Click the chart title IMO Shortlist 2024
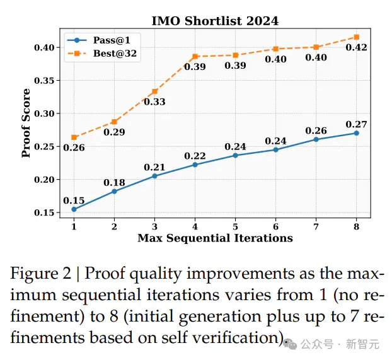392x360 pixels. (x=215, y=21)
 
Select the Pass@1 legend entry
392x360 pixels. (x=102, y=40)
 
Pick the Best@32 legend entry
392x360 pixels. (x=102, y=54)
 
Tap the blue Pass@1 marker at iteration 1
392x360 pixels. (x=74, y=209)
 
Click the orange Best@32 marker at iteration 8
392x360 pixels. (x=357, y=37)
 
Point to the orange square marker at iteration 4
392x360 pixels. (x=195, y=57)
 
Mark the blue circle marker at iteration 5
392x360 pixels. (x=235, y=155)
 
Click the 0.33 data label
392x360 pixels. (x=154, y=102)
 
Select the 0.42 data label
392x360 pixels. (x=356, y=47)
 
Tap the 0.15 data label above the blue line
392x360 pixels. (x=74, y=200)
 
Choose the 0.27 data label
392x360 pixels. (x=356, y=124)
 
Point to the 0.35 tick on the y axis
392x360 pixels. (x=44, y=81)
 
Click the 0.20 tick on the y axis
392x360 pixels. (x=44, y=180)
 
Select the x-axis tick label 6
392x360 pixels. (x=276, y=227)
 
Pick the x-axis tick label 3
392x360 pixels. (x=154, y=227)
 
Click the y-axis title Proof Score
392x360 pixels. (x=26, y=123)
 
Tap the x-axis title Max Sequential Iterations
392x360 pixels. (x=215, y=238)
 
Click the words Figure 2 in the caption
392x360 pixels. (x=41, y=274)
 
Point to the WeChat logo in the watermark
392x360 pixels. (x=290, y=344)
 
